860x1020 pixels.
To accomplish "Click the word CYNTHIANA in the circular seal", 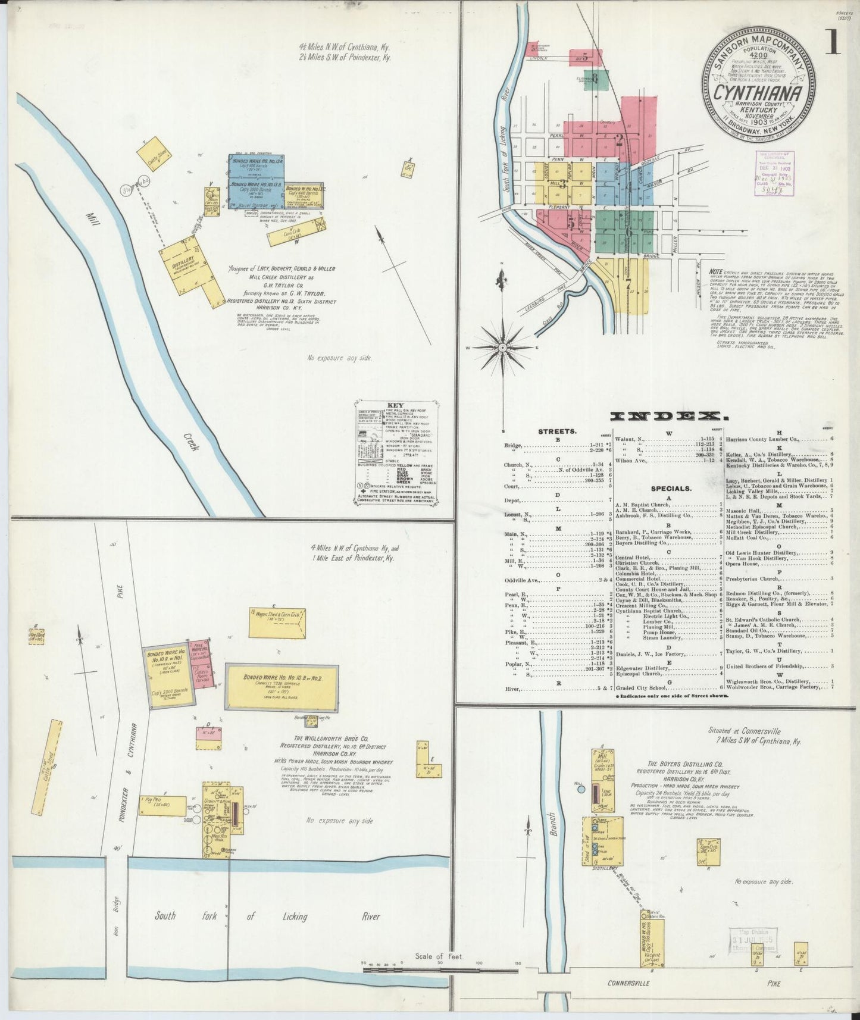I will click(x=757, y=93).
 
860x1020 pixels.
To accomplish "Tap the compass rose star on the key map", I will click(x=502, y=347).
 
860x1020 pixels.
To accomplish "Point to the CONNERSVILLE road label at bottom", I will click(x=631, y=983).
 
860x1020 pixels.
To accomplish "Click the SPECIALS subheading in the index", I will click(x=671, y=489).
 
